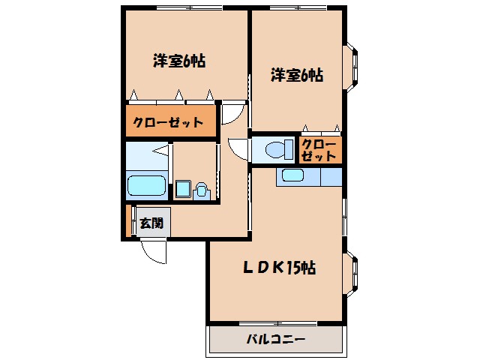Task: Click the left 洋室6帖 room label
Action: pyautogui.click(x=179, y=61)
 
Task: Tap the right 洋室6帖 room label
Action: pyautogui.click(x=297, y=75)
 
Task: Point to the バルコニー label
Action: pyautogui.click(x=275, y=339)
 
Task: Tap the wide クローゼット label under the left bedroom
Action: pyautogui.click(x=169, y=121)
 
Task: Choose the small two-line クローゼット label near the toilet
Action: pyautogui.click(x=320, y=150)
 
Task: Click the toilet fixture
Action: pyautogui.click(x=278, y=148)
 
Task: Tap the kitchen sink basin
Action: pyautogui.click(x=291, y=176)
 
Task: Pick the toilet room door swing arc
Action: pyautogui.click(x=238, y=147)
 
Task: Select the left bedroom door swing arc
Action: pyautogui.click(x=234, y=113)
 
